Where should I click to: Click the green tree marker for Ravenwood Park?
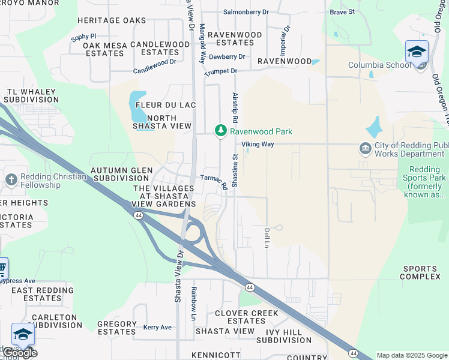[221, 130]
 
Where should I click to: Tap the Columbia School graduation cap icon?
[416, 52]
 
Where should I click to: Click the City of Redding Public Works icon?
[365, 148]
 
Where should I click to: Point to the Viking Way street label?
[258, 145]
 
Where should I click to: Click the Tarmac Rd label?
[214, 181]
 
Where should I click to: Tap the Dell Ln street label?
[267, 238]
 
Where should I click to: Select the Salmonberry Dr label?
[246, 11]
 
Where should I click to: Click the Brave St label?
[342, 11]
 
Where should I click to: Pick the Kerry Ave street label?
[157, 328]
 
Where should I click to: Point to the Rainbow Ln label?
[193, 302]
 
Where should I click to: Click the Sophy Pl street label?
[83, 37]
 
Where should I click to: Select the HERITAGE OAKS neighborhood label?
[112, 20]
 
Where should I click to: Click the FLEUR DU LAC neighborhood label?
[166, 105]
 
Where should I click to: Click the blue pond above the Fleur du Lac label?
[137, 106]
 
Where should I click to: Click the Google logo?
[19, 353]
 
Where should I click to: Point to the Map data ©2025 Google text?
[412, 355]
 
